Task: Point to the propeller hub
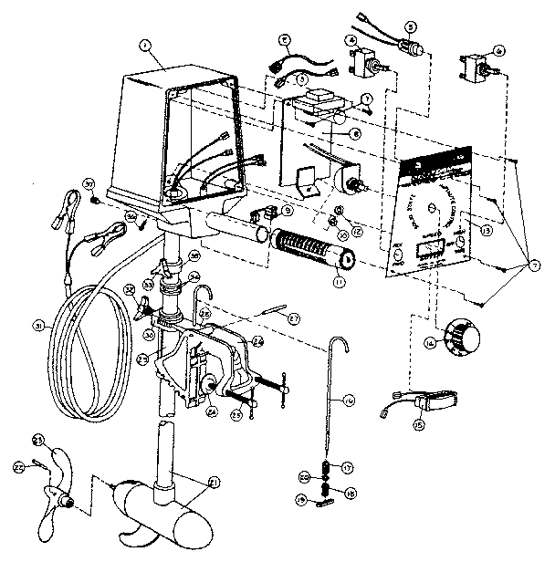pyautogui.click(x=66, y=499)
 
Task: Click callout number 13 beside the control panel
pyautogui.click(x=486, y=232)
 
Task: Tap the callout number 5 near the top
pyautogui.click(x=410, y=28)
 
